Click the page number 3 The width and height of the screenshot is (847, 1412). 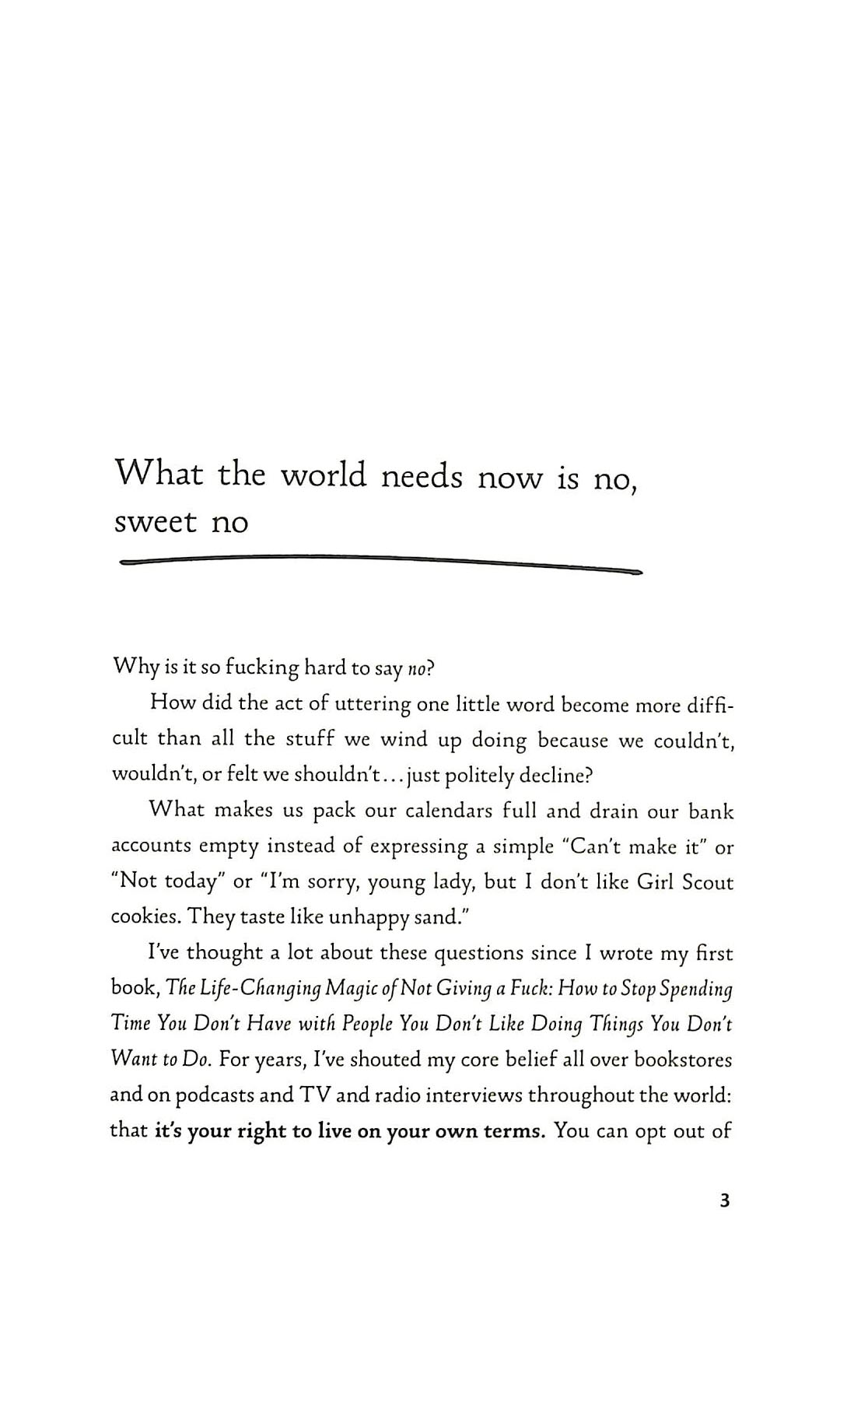[x=725, y=1200]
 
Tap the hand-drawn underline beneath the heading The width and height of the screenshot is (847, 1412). [x=381, y=562]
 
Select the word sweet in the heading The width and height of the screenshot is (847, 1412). [x=156, y=522]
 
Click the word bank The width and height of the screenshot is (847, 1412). [x=711, y=811]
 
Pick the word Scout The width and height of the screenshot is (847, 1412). [x=707, y=882]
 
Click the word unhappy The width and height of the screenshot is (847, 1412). [x=368, y=919]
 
